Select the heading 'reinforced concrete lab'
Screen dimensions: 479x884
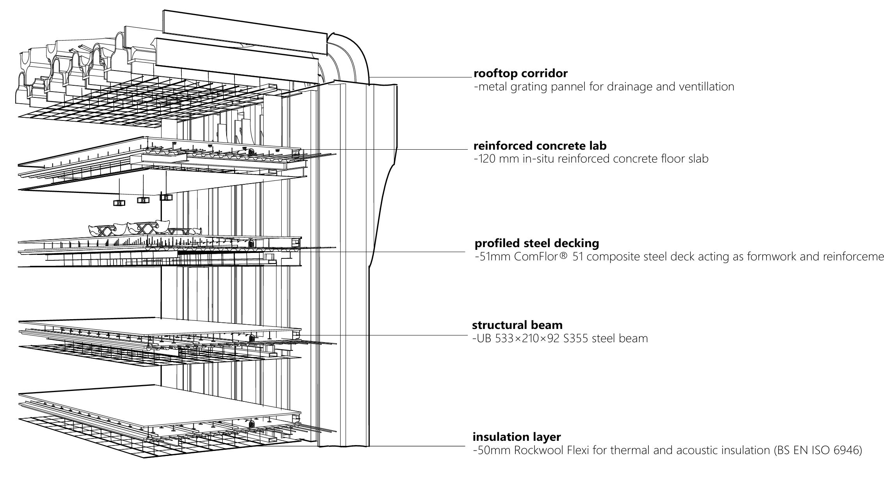[x=540, y=146]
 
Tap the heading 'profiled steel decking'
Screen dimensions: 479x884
[x=536, y=243]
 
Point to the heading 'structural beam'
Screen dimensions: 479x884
[x=517, y=325]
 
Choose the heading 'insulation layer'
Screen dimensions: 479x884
[x=517, y=437]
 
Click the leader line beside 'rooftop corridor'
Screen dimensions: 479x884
[x=421, y=77]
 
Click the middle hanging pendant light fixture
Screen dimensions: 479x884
[x=143, y=200]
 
